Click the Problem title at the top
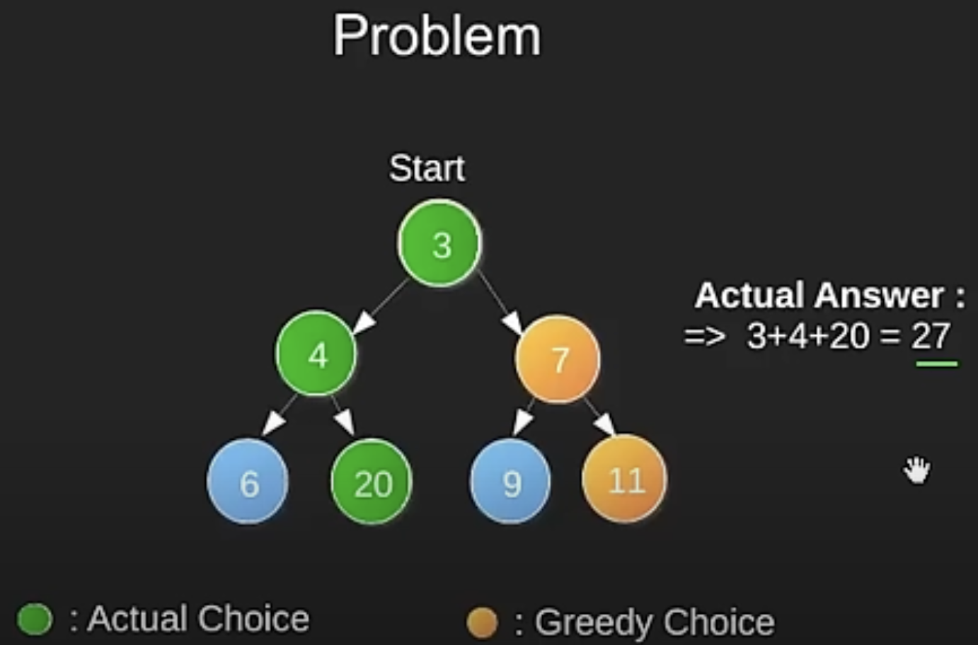tap(437, 36)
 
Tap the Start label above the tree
tap(427, 168)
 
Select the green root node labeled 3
tap(439, 243)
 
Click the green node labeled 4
tap(316, 354)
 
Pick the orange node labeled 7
tap(558, 359)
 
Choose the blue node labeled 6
tap(248, 482)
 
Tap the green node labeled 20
tap(372, 482)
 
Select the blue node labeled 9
tap(510, 482)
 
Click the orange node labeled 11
tap(624, 480)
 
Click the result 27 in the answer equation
tap(930, 336)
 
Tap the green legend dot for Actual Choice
tap(34, 619)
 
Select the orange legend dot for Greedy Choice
tap(482, 623)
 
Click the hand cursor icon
tap(917, 470)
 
